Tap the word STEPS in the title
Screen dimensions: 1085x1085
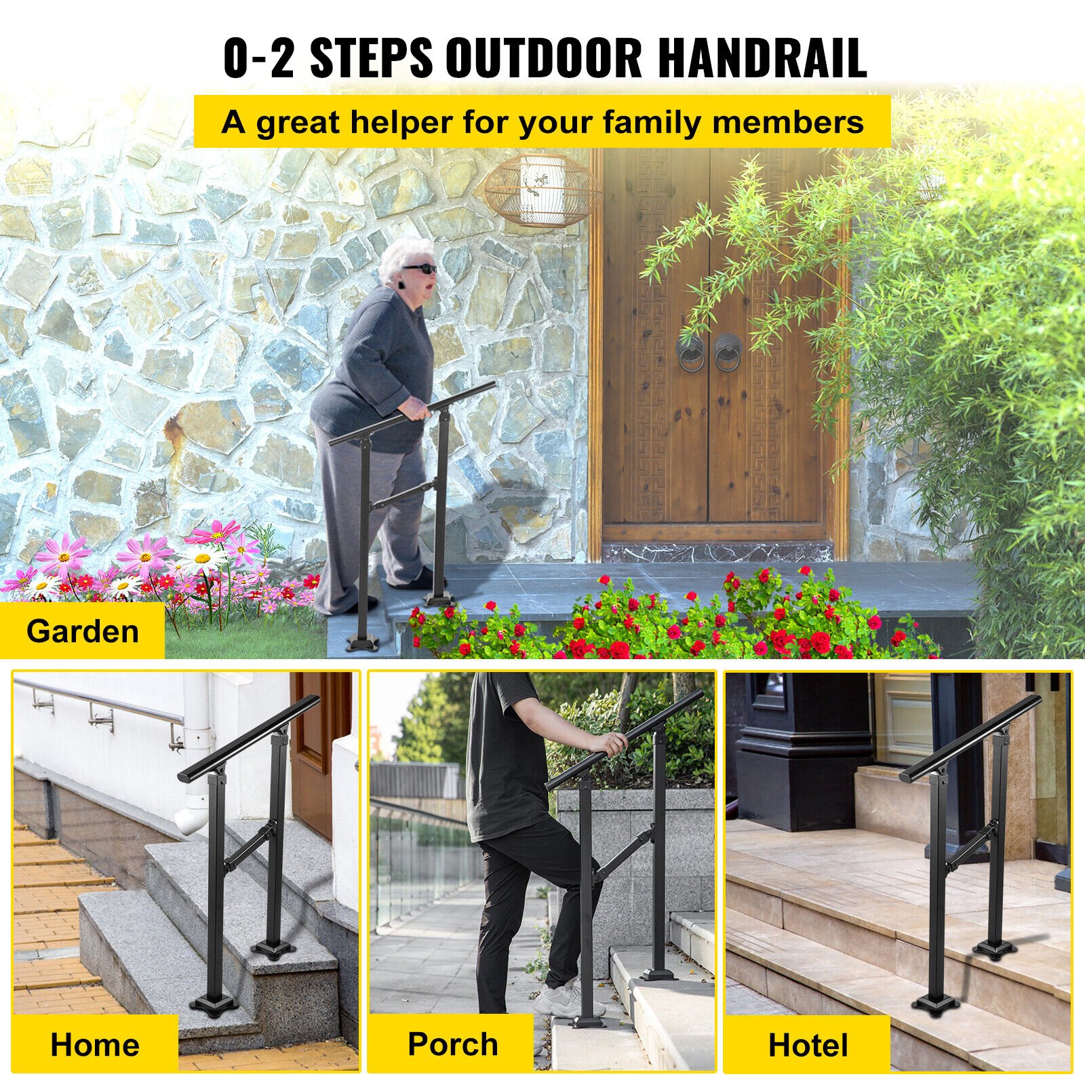371,58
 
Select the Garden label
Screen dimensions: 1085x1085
82,631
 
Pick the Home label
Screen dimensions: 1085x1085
95,1044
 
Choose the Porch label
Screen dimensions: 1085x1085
452,1044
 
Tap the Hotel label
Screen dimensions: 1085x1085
808,1045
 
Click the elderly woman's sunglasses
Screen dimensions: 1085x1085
418,270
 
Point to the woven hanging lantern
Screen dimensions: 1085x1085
541,189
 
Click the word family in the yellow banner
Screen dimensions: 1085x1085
651,123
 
